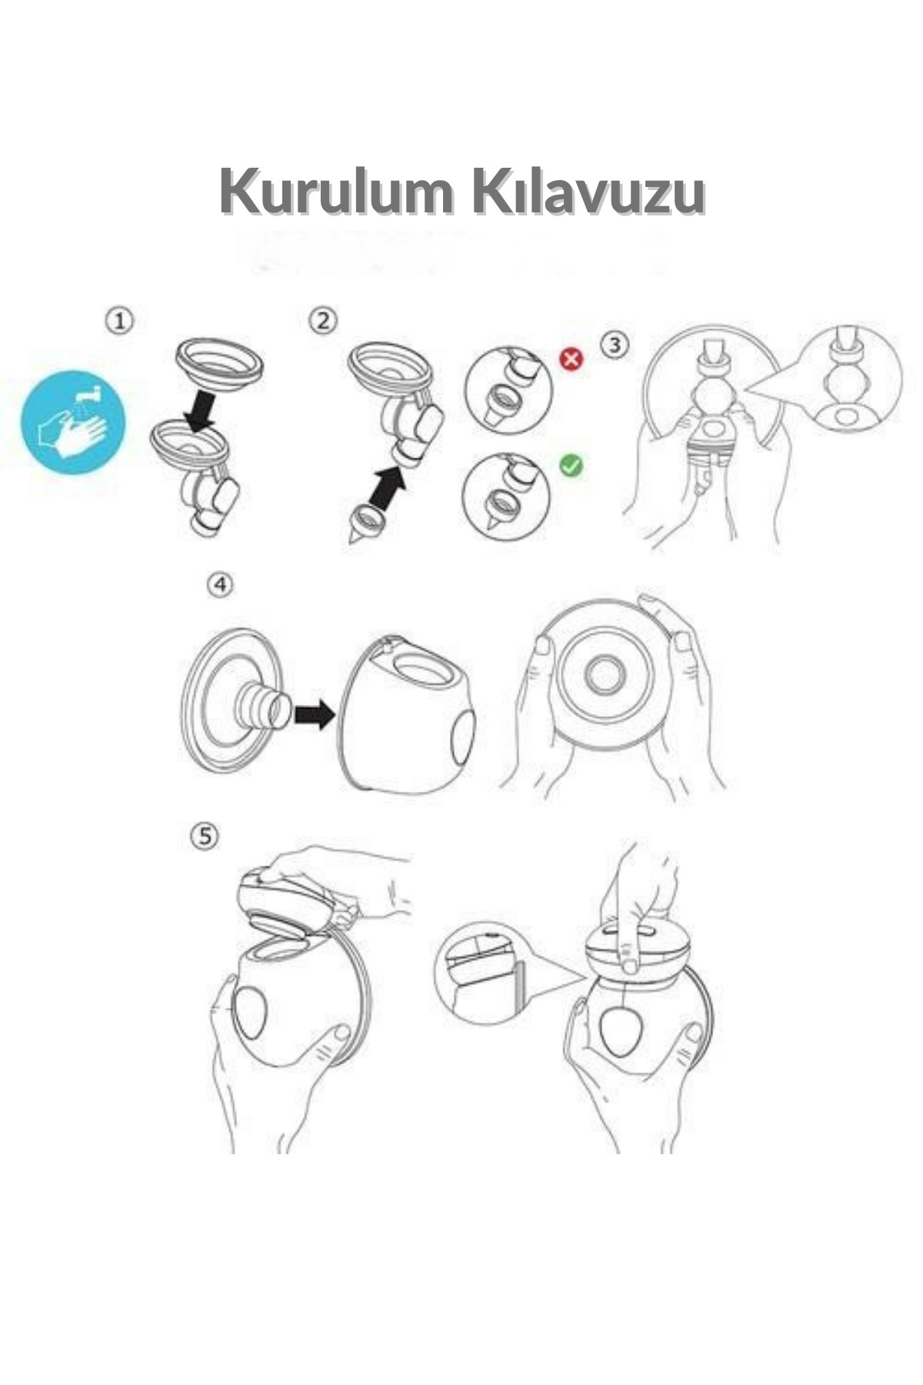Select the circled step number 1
click(x=119, y=321)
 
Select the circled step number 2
click(x=323, y=320)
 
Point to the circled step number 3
click(x=613, y=345)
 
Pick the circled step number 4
click(x=220, y=586)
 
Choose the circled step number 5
click(x=204, y=836)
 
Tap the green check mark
click(x=571, y=465)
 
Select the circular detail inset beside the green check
click(x=506, y=495)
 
